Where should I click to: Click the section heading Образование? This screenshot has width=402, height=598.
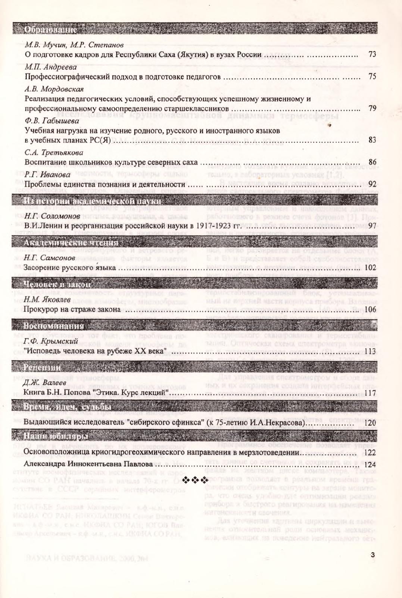tap(50, 29)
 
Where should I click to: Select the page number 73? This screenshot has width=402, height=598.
tap(372, 54)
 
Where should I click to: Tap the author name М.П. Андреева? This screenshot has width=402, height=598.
tap(51, 67)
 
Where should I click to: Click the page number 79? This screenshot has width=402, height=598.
tap(372, 109)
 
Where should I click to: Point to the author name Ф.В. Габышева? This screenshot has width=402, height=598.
tap(52, 121)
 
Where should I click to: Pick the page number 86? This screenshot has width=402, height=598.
tap(372, 162)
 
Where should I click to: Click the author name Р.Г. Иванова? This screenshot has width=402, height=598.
tap(47, 175)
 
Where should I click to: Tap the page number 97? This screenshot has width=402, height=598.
tap(372, 226)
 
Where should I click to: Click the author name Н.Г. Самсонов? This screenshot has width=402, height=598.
tap(50, 257)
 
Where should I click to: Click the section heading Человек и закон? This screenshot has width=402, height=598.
tap(57, 284)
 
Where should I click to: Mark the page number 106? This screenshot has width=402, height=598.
tap(370, 309)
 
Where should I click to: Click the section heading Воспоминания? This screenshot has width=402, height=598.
tap(53, 326)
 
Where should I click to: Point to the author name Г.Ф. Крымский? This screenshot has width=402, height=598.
tap(50, 341)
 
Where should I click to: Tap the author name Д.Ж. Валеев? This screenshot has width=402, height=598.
tap(44, 383)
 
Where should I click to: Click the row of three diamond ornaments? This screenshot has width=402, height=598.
tap(196, 480)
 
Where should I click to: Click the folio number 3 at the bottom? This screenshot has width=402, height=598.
tap(372, 555)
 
